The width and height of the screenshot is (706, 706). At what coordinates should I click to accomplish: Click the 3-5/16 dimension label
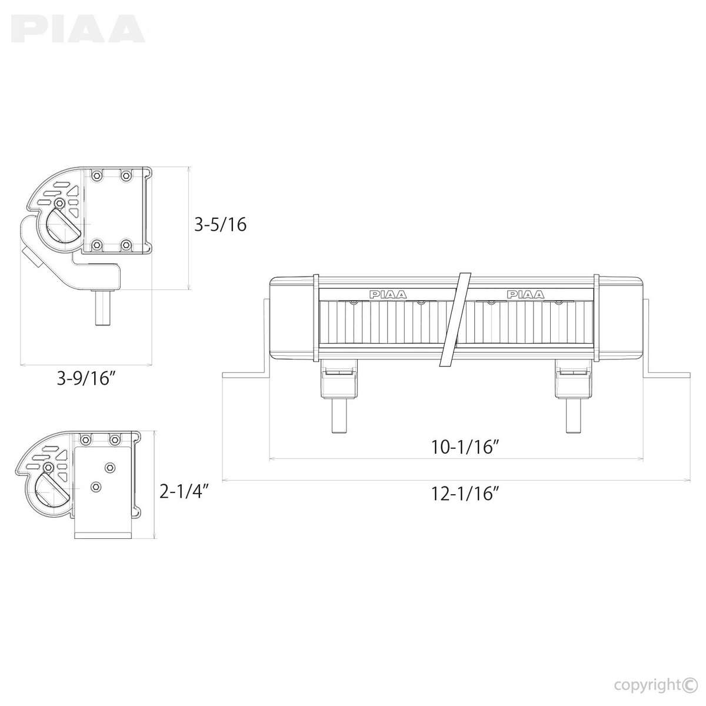pos(220,224)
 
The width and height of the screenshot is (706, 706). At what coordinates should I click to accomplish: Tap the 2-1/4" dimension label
pos(184,492)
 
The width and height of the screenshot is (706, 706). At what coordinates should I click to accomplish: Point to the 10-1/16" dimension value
pos(465,447)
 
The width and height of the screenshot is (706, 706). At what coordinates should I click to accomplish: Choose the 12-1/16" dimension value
pos(465,494)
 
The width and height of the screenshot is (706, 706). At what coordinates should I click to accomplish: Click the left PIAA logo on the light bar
pos(388,294)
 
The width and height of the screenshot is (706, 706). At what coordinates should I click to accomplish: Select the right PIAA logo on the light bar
pos(526,294)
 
